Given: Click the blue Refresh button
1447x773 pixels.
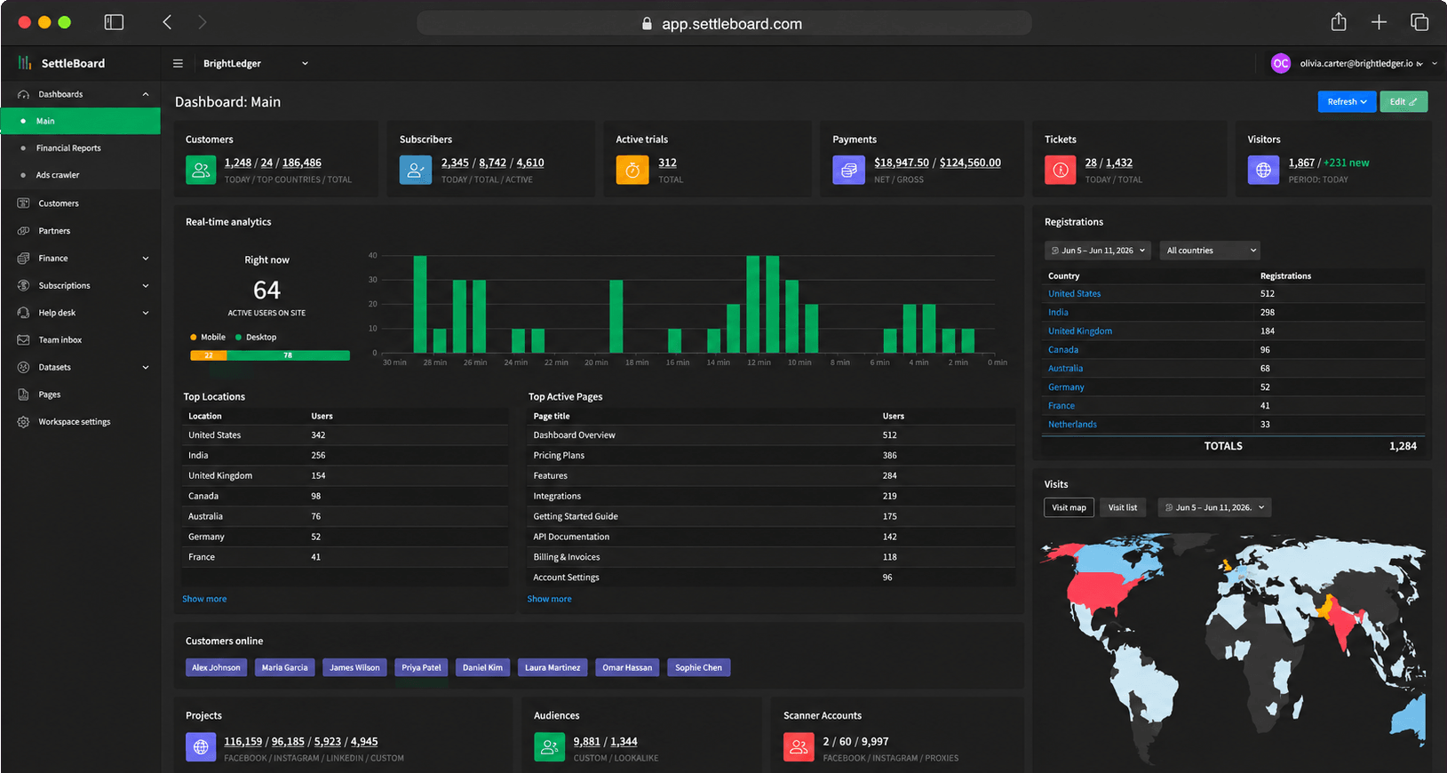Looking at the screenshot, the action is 1347,101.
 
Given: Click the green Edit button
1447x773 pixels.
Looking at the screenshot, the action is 1403,101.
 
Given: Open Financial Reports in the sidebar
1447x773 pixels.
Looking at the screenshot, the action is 68,148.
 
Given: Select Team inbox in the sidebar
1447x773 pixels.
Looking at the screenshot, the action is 60,340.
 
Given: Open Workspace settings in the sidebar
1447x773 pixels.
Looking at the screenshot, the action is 75,421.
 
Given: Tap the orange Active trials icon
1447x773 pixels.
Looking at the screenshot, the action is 632,170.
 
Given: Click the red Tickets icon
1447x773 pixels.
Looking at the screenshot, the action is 1060,170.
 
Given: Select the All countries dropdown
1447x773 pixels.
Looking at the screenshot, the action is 1210,251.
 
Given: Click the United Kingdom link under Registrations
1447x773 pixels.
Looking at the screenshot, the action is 1080,331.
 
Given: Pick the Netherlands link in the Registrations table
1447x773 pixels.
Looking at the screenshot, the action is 1072,425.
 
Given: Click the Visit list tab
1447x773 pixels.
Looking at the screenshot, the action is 1123,507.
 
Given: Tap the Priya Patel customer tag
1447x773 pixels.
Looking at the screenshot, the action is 421,667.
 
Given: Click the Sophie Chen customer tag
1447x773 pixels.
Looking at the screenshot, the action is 698,667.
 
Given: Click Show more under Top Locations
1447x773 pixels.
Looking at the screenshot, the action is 204,599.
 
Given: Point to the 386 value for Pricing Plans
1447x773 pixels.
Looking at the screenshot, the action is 889,456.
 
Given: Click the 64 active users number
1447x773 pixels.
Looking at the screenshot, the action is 266,290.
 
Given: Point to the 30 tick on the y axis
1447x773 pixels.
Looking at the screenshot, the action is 373,280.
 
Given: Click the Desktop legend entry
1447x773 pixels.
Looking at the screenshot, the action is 256,338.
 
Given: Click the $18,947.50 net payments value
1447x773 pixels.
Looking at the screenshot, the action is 901,163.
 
